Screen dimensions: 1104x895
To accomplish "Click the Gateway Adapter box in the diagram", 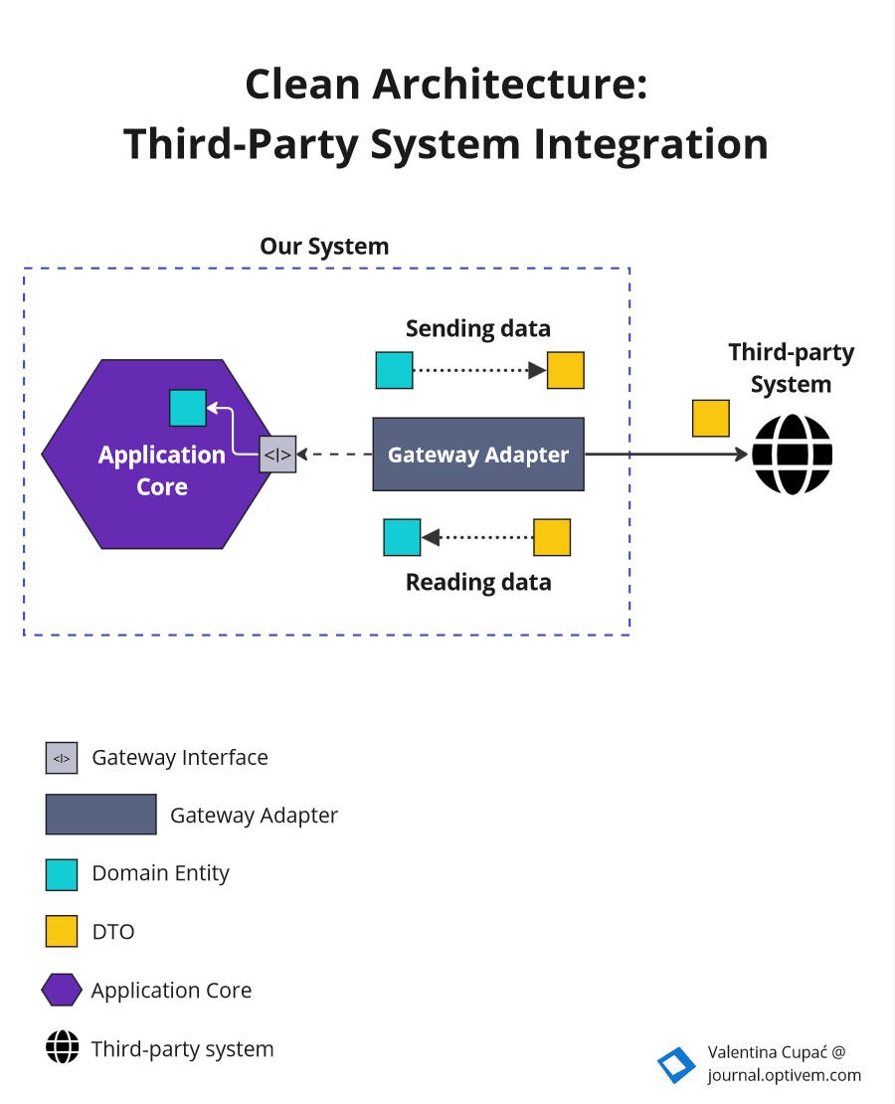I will pyautogui.click(x=477, y=455).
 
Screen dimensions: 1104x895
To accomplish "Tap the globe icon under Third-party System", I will pyautogui.click(x=792, y=455).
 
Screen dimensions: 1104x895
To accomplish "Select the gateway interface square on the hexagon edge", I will pyautogui.click(x=277, y=455).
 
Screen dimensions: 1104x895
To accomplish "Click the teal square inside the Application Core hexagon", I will pyautogui.click(x=188, y=408).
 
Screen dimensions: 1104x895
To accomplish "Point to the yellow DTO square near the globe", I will pyautogui.click(x=710, y=419).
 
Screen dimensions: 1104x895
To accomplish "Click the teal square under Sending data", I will pyautogui.click(x=394, y=370).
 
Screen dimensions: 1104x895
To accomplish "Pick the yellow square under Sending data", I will pyautogui.click(x=565, y=370).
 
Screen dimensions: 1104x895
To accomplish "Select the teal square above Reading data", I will pyautogui.click(x=402, y=537).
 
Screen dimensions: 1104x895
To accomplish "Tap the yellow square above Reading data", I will pyautogui.click(x=552, y=537).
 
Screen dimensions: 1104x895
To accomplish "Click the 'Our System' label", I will pyautogui.click(x=324, y=246).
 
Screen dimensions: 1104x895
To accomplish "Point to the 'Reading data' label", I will pyautogui.click(x=477, y=582).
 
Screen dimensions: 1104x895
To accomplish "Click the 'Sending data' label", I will pyautogui.click(x=477, y=328).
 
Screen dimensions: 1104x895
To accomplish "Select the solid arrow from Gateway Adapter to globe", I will pyautogui.click(x=666, y=455).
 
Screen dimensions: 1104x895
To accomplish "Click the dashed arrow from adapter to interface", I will pyautogui.click(x=334, y=455).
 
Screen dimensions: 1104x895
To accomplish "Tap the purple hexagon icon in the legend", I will pyautogui.click(x=62, y=990).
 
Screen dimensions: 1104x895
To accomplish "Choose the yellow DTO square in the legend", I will pyautogui.click(x=62, y=931).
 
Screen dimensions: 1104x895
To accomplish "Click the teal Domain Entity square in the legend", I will pyautogui.click(x=62, y=873).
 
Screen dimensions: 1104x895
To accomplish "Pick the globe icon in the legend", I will pyautogui.click(x=62, y=1047).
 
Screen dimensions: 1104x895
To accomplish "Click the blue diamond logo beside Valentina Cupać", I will pyautogui.click(x=676, y=1064).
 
